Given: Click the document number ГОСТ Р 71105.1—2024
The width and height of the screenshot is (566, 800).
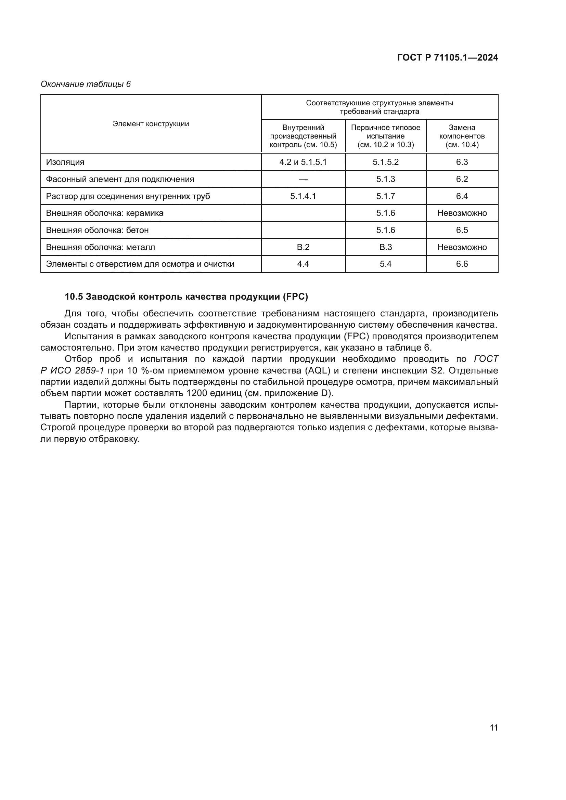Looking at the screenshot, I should click(448, 57).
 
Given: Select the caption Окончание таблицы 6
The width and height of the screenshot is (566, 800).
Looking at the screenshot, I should click(86, 84).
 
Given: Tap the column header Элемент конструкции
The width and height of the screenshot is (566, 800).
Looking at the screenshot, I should click(151, 124).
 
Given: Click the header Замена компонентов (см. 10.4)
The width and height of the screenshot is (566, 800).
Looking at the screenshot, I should click(462, 136).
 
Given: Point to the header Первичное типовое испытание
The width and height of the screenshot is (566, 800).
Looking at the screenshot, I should click(385, 132).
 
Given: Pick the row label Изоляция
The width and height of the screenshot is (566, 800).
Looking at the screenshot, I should click(65, 162).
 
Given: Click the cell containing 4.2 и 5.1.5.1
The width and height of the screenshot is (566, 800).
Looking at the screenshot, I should click(303, 162).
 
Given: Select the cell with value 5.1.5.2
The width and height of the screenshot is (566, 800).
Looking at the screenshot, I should click(385, 162).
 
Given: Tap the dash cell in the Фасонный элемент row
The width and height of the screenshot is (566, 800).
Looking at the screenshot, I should click(303, 179).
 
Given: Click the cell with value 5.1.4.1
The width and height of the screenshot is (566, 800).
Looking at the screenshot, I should click(303, 196).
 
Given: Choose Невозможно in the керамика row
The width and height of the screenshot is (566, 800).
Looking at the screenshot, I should click(462, 213).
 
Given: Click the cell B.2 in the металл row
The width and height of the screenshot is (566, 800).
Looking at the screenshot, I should click(303, 247).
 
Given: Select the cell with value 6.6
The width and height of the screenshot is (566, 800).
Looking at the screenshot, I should click(462, 264).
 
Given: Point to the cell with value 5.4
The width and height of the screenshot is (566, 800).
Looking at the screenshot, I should click(385, 264).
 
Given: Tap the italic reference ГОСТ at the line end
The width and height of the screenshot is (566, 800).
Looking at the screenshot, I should click(486, 359).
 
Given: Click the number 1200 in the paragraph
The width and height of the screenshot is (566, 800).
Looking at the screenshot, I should click(196, 393).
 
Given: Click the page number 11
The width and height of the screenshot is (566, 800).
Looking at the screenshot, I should click(493, 727).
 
